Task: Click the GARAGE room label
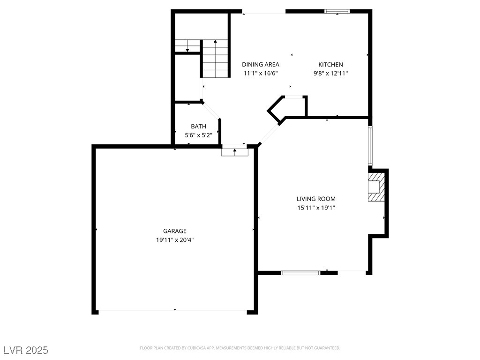click(x=174, y=231)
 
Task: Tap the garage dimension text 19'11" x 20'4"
click(x=174, y=240)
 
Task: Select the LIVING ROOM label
click(x=316, y=199)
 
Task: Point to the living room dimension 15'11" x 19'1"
click(x=316, y=208)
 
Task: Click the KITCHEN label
click(x=330, y=65)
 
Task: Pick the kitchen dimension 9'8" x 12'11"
click(x=330, y=73)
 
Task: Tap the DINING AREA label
click(x=260, y=65)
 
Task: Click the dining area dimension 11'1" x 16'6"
click(x=260, y=73)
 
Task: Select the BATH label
click(x=198, y=127)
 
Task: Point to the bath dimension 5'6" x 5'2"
click(x=198, y=135)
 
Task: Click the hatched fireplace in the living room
click(x=376, y=187)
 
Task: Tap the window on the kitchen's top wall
click(x=337, y=12)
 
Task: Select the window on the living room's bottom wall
click(x=300, y=272)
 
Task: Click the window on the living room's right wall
click(x=370, y=145)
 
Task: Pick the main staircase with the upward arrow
click(x=215, y=59)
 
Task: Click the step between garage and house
click(x=234, y=151)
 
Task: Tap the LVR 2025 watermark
click(x=26, y=350)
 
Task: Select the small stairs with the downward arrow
click(x=187, y=46)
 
